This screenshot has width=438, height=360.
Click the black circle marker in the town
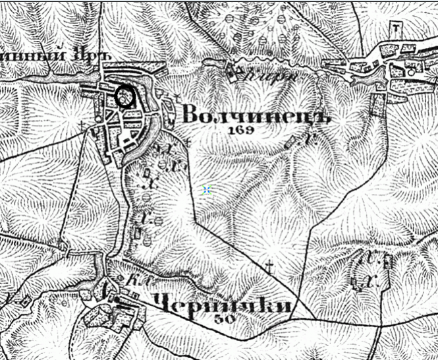tap(124, 97)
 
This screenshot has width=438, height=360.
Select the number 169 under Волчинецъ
tap(241, 131)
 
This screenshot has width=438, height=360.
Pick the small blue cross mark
tap(207, 190)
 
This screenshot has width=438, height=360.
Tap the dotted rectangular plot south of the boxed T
tap(379, 104)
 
